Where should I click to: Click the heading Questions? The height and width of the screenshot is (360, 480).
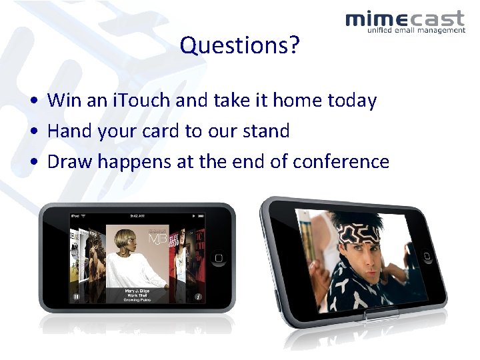tap(239, 46)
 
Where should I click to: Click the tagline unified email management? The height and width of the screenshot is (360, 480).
tap(415, 30)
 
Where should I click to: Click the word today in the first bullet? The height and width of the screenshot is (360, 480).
tap(352, 101)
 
